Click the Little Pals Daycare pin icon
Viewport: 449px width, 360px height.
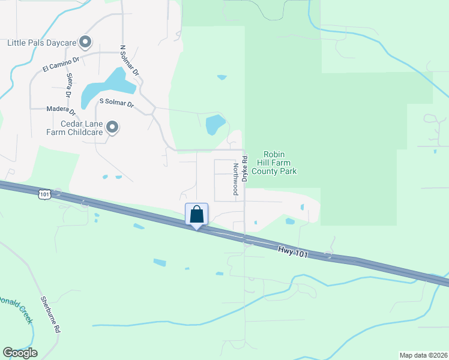click(x=85, y=42)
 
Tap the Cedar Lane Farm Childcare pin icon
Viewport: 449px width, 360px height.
click(x=112, y=127)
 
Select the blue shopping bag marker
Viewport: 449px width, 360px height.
click(x=197, y=215)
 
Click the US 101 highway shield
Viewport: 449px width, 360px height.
click(x=44, y=194)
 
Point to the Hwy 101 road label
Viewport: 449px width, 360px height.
click(x=294, y=250)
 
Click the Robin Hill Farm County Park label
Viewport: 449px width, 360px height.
click(x=274, y=162)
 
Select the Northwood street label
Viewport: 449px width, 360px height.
click(x=235, y=179)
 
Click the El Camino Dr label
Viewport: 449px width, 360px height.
click(x=61, y=64)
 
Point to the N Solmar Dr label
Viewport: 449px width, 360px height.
click(x=129, y=60)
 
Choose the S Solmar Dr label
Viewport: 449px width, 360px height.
click(x=116, y=105)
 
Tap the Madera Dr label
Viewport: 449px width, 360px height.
click(x=61, y=110)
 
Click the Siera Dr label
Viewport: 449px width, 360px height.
click(x=69, y=85)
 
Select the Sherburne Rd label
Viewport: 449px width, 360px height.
click(x=52, y=314)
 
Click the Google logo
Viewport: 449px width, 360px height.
click(x=20, y=352)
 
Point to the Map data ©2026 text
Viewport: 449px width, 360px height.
click(x=423, y=355)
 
